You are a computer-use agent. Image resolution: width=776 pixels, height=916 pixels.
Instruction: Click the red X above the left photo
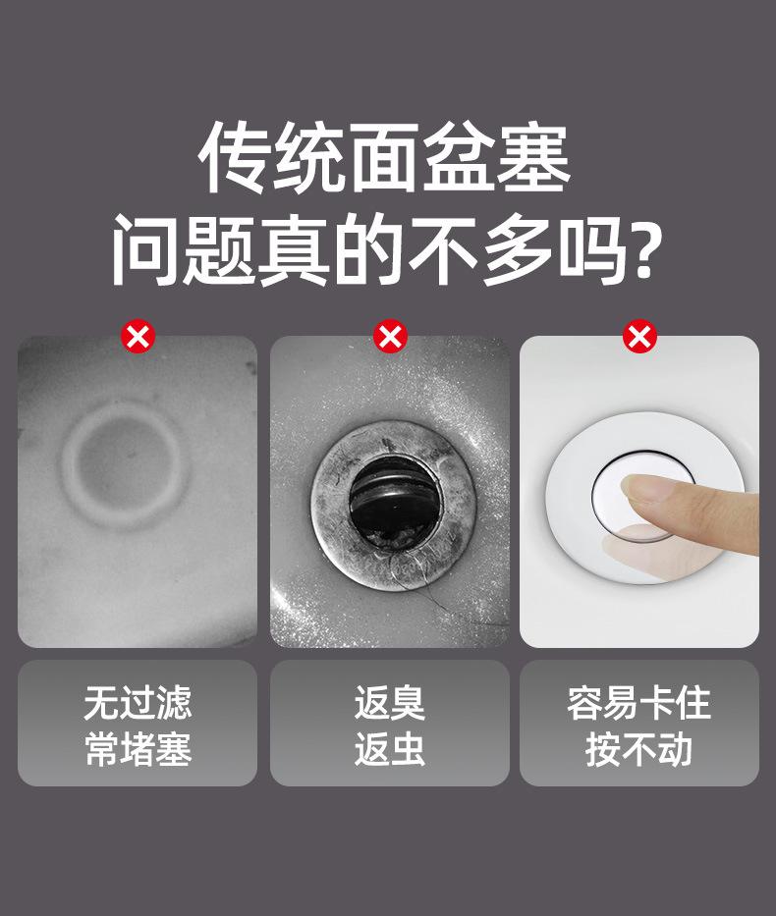tap(139, 336)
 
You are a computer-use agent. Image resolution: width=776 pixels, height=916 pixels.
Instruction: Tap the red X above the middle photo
tap(390, 336)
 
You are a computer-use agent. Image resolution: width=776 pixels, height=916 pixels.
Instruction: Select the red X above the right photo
tap(639, 336)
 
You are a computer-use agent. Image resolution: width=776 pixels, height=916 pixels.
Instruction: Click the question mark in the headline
tap(647, 248)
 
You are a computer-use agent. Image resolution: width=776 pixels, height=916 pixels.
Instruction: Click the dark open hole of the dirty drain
tap(393, 504)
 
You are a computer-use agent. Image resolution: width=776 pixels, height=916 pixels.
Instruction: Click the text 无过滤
tap(138, 703)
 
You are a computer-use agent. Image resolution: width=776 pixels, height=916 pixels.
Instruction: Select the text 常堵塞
tap(138, 749)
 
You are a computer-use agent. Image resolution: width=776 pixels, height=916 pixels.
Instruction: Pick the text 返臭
tap(390, 703)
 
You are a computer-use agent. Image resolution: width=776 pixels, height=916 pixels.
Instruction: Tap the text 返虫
tap(390, 749)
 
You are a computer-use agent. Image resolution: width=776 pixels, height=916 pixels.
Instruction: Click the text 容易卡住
tap(638, 703)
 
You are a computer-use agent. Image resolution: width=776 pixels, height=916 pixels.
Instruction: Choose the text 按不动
tap(638, 749)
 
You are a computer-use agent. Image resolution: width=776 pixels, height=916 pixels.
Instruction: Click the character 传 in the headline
tap(235, 158)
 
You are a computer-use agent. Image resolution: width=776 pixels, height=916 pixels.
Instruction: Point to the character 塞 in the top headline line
tap(534, 158)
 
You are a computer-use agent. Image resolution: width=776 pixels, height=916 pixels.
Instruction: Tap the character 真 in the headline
tap(294, 249)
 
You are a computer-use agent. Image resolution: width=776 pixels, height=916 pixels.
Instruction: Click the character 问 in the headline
tap(145, 249)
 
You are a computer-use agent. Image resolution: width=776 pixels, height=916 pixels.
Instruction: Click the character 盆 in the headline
tap(460, 158)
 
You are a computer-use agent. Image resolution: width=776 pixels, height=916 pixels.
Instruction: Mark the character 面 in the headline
tap(384, 158)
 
